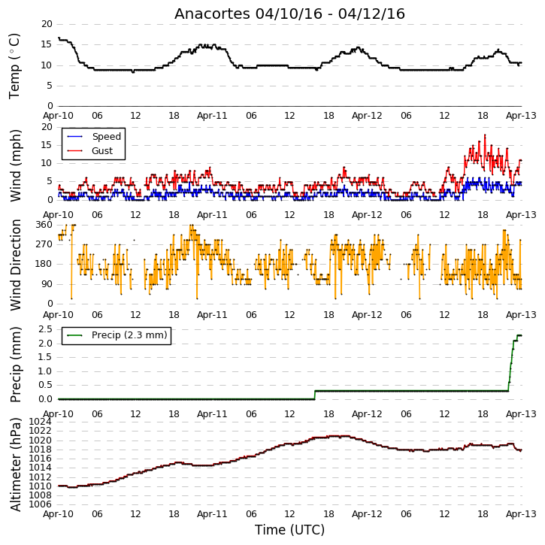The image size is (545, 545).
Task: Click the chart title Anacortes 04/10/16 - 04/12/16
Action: tap(289, 14)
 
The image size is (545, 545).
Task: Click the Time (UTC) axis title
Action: tap(289, 530)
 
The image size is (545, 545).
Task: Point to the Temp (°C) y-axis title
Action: tap(14, 66)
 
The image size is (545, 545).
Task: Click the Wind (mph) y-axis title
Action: tap(16, 165)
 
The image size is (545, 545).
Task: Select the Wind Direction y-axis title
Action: tap(16, 265)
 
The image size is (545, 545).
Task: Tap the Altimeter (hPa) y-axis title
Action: tap(16, 465)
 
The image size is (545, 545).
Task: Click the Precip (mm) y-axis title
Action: tap(16, 365)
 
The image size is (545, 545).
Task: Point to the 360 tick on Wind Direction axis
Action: tap(44, 225)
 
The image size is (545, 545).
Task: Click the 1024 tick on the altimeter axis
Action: tap(40, 422)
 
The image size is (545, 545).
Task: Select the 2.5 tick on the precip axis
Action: tap(46, 329)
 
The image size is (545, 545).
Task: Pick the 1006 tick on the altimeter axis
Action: tap(40, 504)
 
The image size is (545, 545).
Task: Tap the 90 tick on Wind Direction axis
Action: tap(47, 284)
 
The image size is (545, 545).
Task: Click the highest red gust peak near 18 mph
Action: tap(485, 135)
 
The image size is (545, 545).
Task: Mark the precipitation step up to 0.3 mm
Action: tap(315, 395)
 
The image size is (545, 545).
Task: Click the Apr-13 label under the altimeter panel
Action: tap(521, 513)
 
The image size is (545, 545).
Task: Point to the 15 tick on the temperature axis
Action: tap(47, 44)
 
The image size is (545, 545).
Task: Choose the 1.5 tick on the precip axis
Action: tap(46, 357)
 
